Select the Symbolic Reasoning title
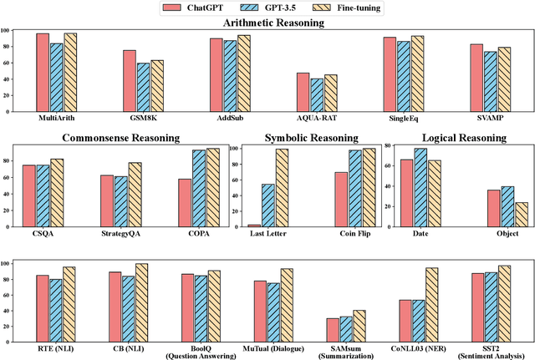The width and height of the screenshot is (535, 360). coord(307,138)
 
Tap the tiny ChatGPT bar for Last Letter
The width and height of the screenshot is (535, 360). coord(254,226)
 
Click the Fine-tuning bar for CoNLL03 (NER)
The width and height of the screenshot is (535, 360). coord(431,305)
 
